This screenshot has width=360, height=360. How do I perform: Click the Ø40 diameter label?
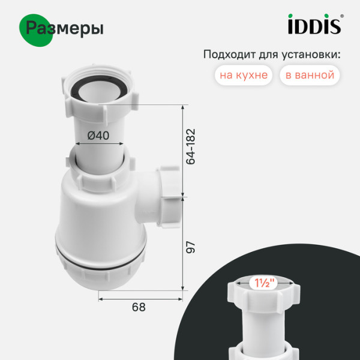coord(98,136)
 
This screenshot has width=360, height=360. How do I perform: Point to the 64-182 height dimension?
coord(191,146)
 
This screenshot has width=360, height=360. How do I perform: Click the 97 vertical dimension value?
coord(191,247)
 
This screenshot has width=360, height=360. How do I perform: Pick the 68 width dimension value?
coord(139,307)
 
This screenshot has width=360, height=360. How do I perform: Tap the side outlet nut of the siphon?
coord(171,184)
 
